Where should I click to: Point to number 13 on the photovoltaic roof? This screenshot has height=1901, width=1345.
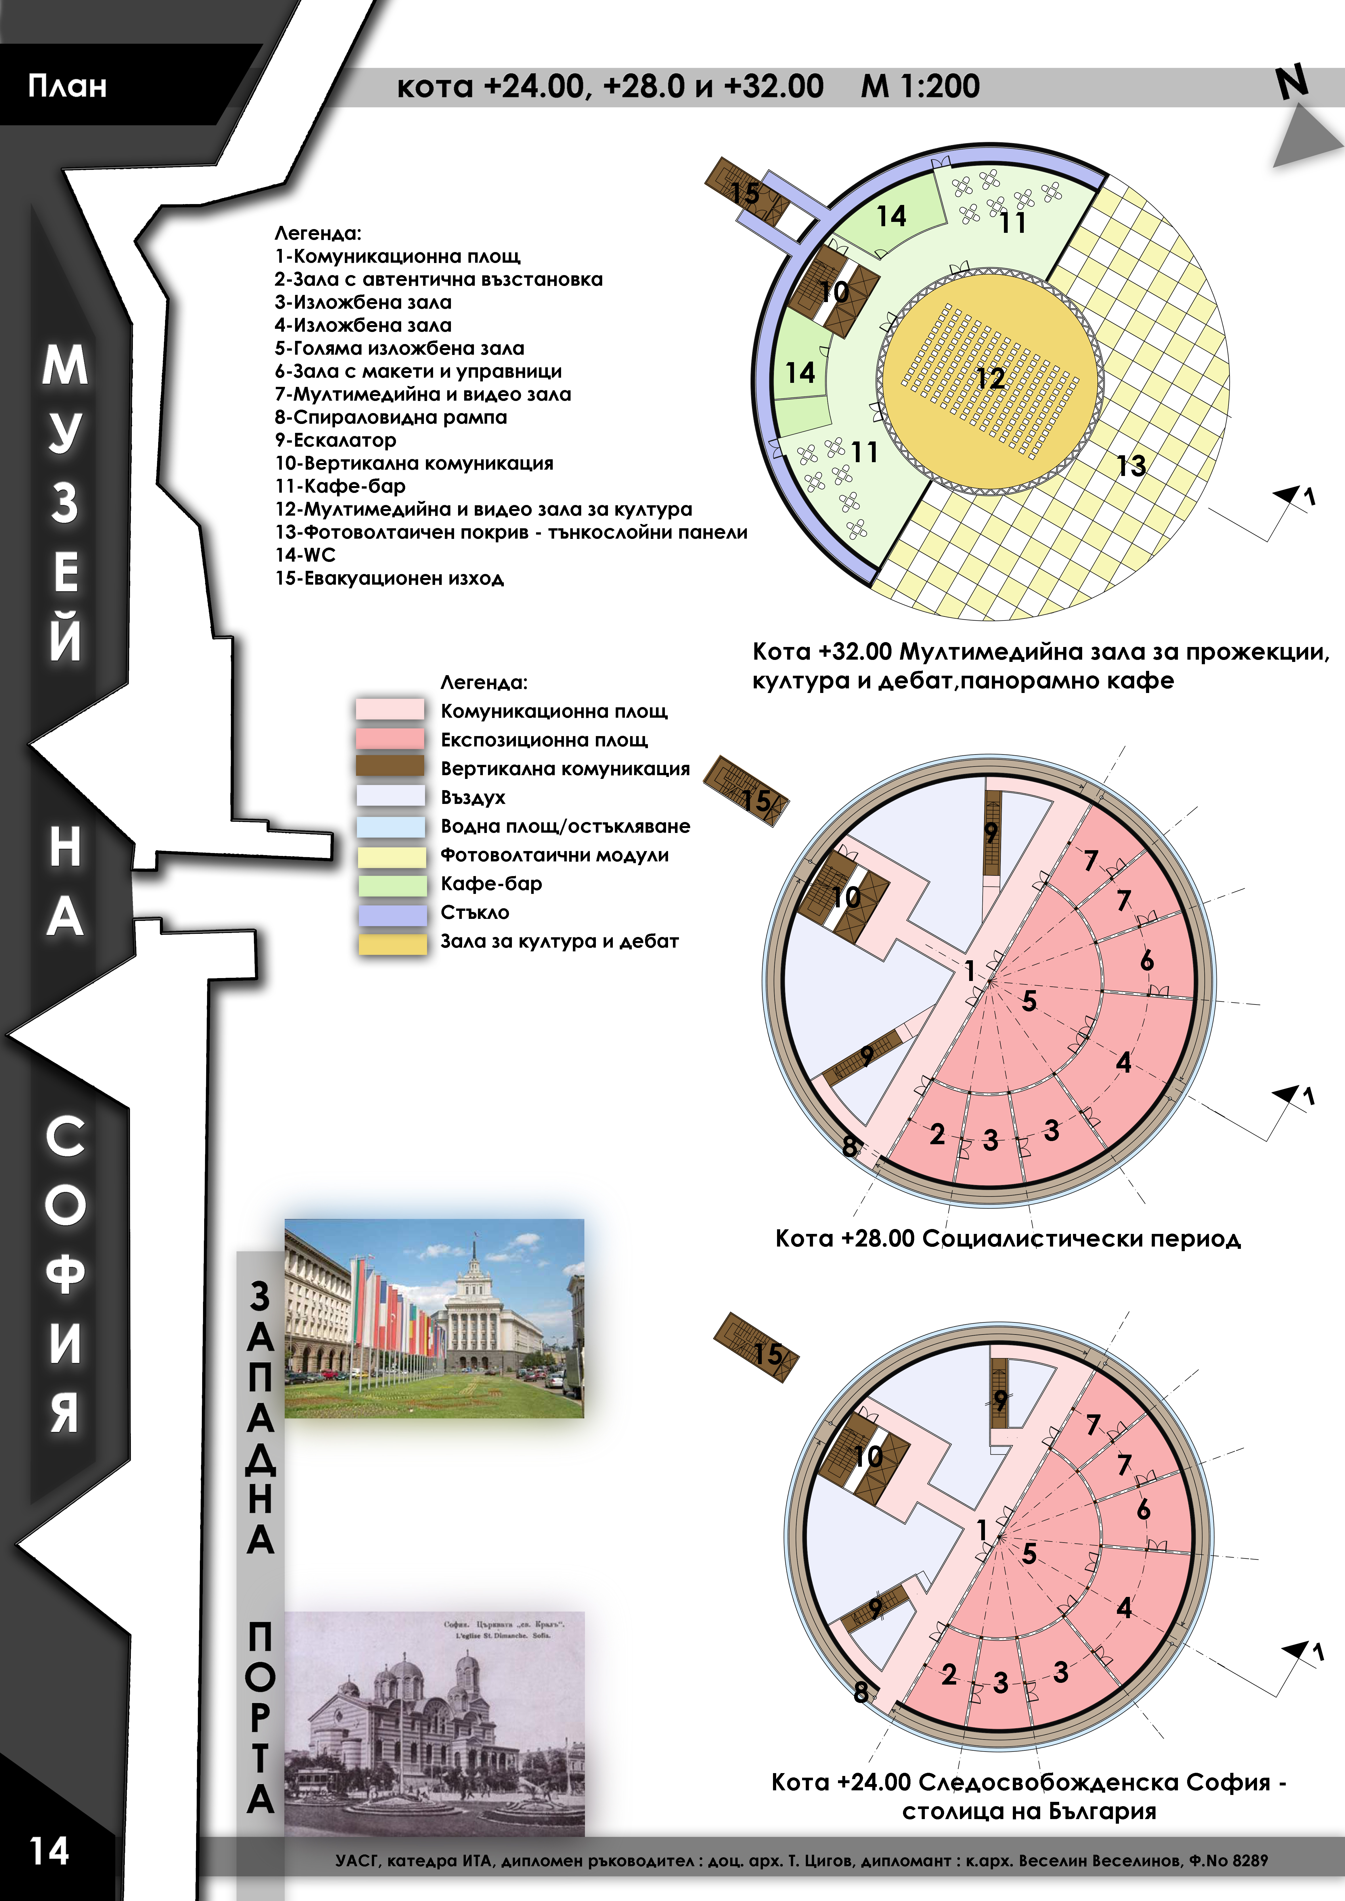pyautogui.click(x=1131, y=466)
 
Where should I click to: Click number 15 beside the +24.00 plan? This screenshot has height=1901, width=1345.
pyautogui.click(x=768, y=1354)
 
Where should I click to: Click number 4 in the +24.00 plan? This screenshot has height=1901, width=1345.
pyautogui.click(x=1124, y=1608)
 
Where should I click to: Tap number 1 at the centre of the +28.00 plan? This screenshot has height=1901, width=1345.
pyautogui.click(x=969, y=970)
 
